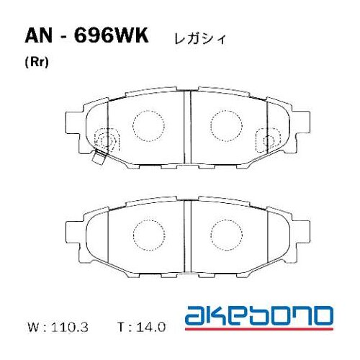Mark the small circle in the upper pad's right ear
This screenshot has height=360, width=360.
coord(269,138)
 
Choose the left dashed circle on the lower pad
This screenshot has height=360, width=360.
coord(150,232)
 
